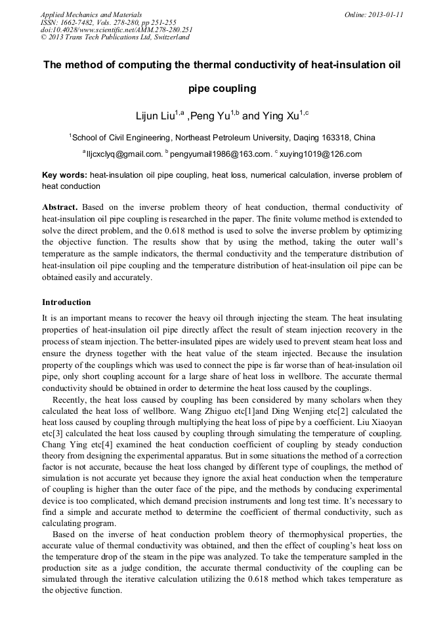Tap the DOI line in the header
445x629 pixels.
click(x=116, y=30)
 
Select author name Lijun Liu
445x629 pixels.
click(x=154, y=116)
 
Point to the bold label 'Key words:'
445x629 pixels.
click(x=64, y=175)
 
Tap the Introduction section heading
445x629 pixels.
click(x=66, y=302)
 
